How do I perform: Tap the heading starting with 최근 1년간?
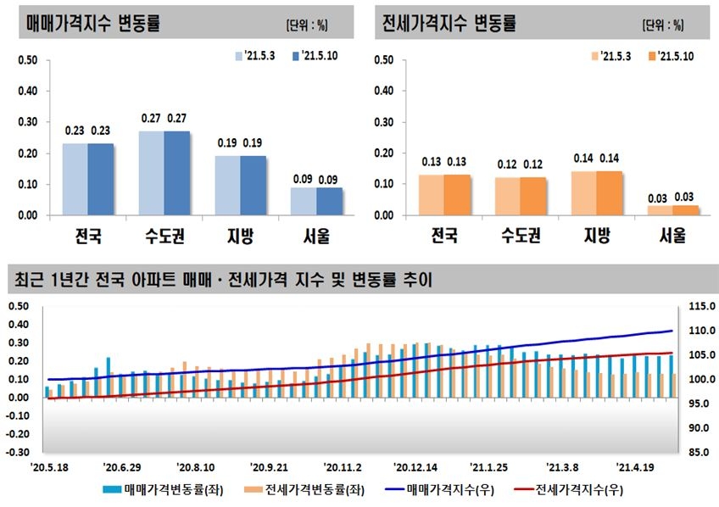point(220,280)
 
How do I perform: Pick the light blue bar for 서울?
point(304,201)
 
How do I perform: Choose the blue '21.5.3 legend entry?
point(254,56)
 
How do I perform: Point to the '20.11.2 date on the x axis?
point(343,467)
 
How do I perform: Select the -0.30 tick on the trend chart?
point(20,453)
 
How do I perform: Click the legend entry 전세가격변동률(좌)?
point(298,490)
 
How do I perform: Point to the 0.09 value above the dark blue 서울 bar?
point(330,179)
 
